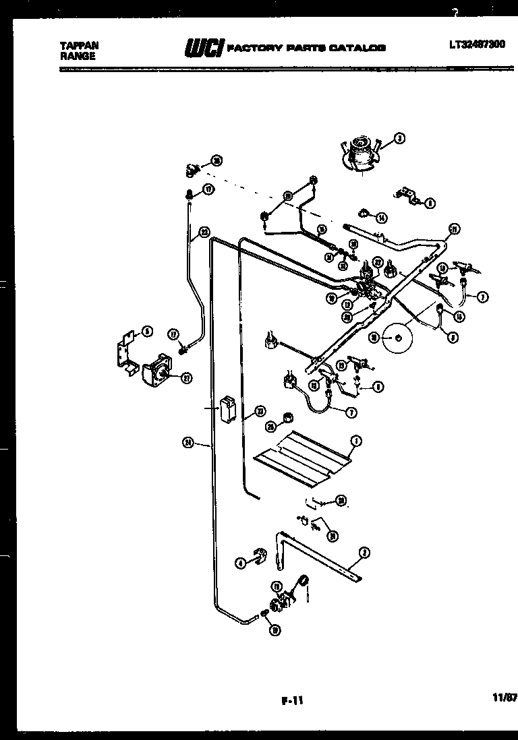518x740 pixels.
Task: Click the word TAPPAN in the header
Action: point(79,46)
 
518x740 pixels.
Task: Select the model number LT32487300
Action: point(477,46)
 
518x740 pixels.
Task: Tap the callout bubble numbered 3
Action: point(399,140)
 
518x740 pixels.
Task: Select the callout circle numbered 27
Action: point(186,377)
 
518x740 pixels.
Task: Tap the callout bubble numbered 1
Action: point(356,441)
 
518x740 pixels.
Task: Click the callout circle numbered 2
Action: point(364,553)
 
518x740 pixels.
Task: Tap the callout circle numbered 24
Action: point(188,443)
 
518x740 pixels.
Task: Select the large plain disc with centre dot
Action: point(397,336)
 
